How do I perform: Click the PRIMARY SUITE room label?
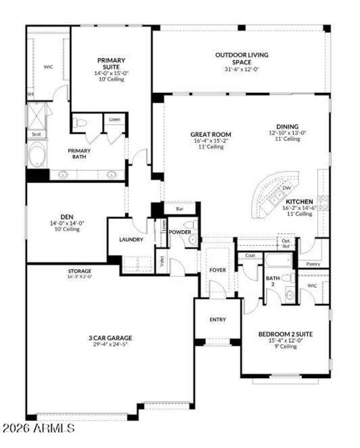tap(111, 63)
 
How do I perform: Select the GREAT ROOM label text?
tap(211, 134)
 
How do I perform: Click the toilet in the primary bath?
tap(81, 123)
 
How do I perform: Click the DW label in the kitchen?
tap(286, 188)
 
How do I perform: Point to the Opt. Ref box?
tap(286, 244)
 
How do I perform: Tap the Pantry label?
tap(313, 264)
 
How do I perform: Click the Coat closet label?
tap(251, 255)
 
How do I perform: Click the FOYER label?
tap(218, 270)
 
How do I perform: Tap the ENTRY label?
tap(218, 320)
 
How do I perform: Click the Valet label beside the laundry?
tap(162, 262)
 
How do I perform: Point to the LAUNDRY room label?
tap(131, 240)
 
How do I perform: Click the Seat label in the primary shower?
tap(36, 134)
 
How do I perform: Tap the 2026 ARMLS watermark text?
tap(38, 427)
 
